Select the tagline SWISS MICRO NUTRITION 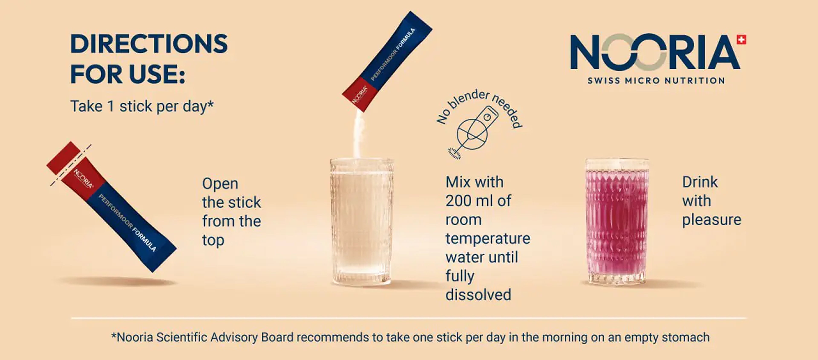(656, 81)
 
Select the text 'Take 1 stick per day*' (142, 106)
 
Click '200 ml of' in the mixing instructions (478, 201)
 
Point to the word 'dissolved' (478, 295)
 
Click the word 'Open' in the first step (220, 184)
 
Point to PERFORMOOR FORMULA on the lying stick (127, 223)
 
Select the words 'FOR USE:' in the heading (128, 74)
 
